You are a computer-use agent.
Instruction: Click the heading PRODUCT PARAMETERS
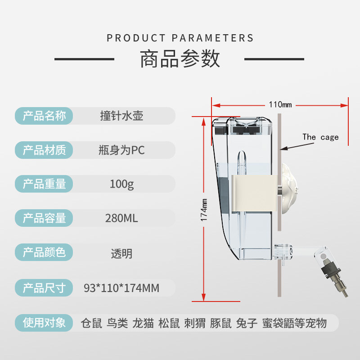click(x=180, y=38)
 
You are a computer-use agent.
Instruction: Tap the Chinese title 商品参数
click(x=180, y=59)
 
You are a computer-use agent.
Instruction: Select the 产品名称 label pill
click(x=44, y=116)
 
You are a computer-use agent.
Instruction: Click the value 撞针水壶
click(x=121, y=116)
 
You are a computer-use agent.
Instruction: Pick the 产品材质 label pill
click(x=44, y=150)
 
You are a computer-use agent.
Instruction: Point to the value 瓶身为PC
click(x=121, y=150)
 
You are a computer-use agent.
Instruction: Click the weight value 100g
click(x=121, y=184)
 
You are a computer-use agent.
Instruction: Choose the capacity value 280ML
click(x=121, y=218)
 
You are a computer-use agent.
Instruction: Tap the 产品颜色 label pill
click(x=44, y=252)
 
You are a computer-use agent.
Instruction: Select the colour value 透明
click(x=121, y=253)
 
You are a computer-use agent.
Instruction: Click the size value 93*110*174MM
click(x=121, y=287)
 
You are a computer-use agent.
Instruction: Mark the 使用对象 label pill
click(x=44, y=322)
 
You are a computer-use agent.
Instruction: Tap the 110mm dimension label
click(x=280, y=105)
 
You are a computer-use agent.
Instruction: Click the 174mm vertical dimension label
click(x=204, y=210)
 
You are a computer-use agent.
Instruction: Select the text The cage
click(x=320, y=137)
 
